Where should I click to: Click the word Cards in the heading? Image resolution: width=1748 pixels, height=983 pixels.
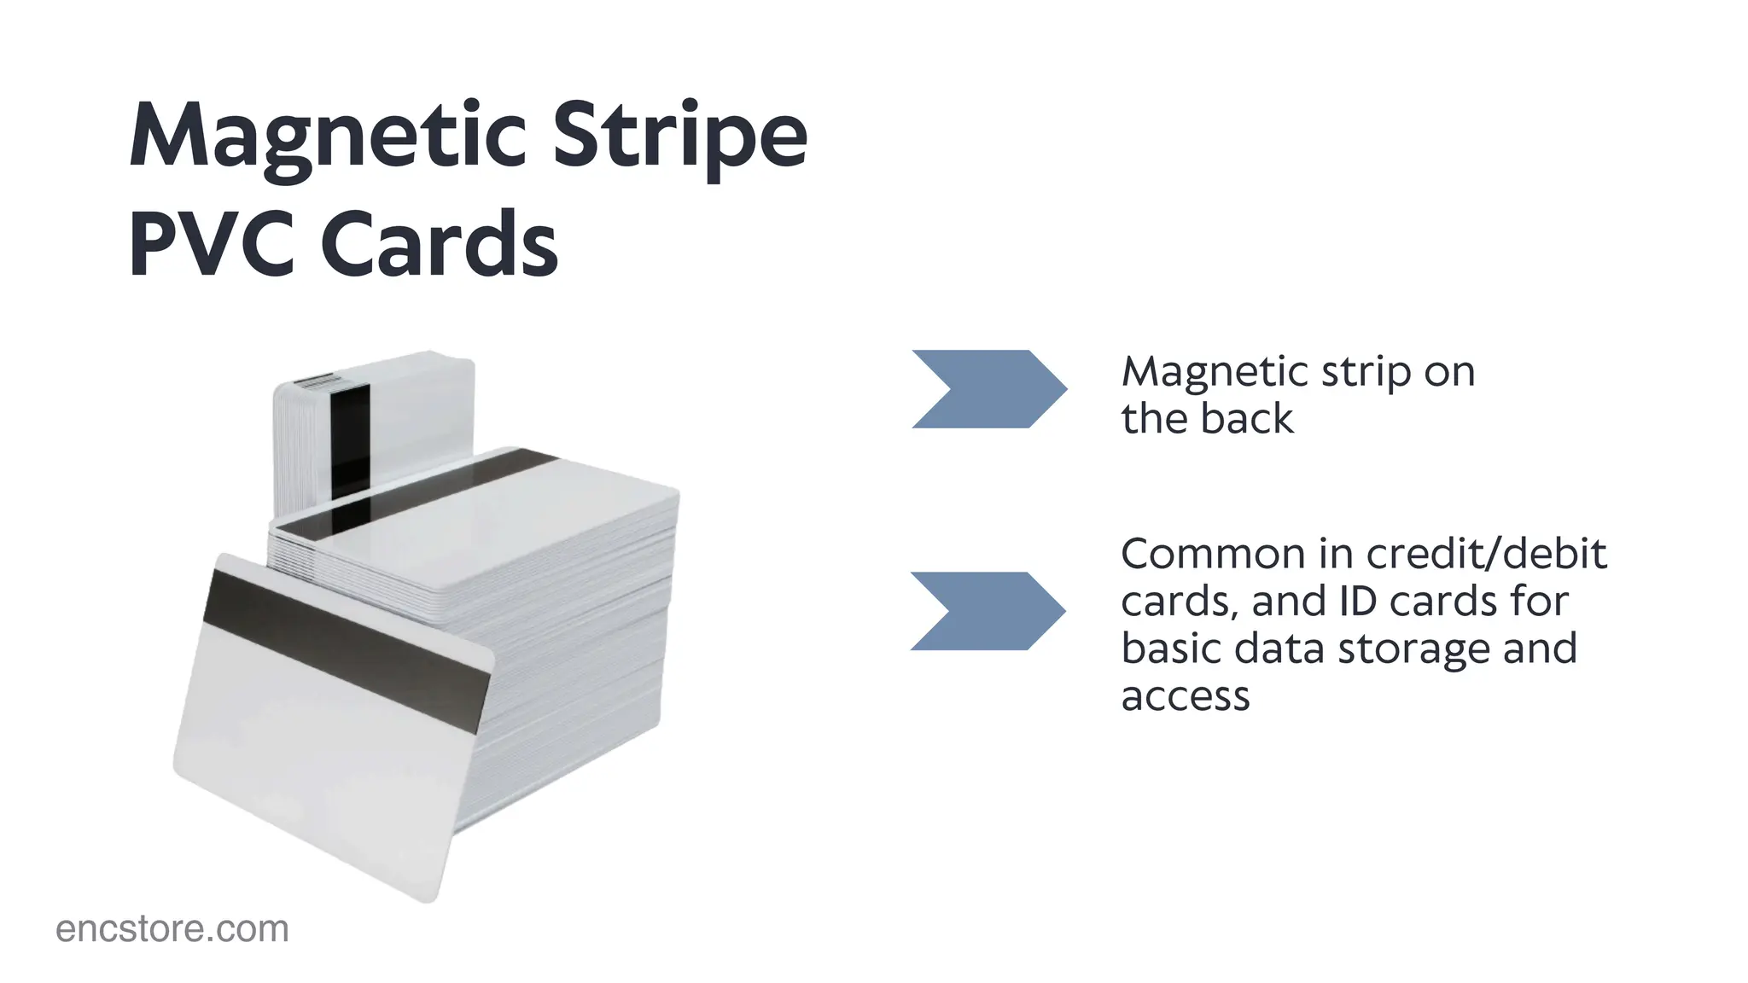point(440,244)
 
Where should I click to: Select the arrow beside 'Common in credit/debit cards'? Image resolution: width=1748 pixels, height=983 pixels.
point(988,611)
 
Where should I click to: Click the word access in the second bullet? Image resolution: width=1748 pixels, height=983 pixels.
point(1185,696)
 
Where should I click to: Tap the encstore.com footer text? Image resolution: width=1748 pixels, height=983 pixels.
point(172,929)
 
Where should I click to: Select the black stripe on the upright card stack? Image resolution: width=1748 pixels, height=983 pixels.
point(350,439)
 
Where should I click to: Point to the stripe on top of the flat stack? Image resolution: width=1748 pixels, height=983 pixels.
point(418,495)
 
